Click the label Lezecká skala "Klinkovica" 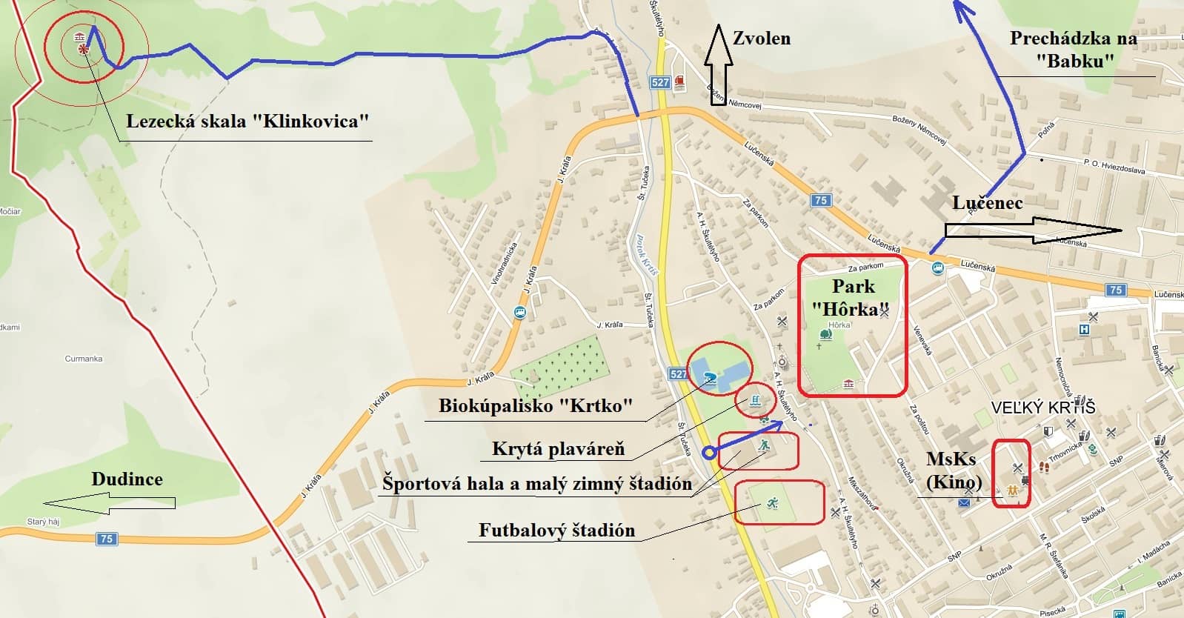(247, 121)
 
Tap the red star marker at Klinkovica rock (84, 49)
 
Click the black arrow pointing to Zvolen (717, 64)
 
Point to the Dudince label (127, 479)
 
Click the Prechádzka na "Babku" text (1073, 49)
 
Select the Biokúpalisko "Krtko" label (536, 406)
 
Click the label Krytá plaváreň (558, 449)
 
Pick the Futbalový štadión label (556, 531)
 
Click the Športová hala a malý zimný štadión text (537, 485)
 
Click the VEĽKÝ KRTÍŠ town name (1044, 407)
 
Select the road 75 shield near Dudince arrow (107, 539)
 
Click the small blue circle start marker (708, 453)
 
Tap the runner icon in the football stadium (772, 503)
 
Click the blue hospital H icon (1085, 329)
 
